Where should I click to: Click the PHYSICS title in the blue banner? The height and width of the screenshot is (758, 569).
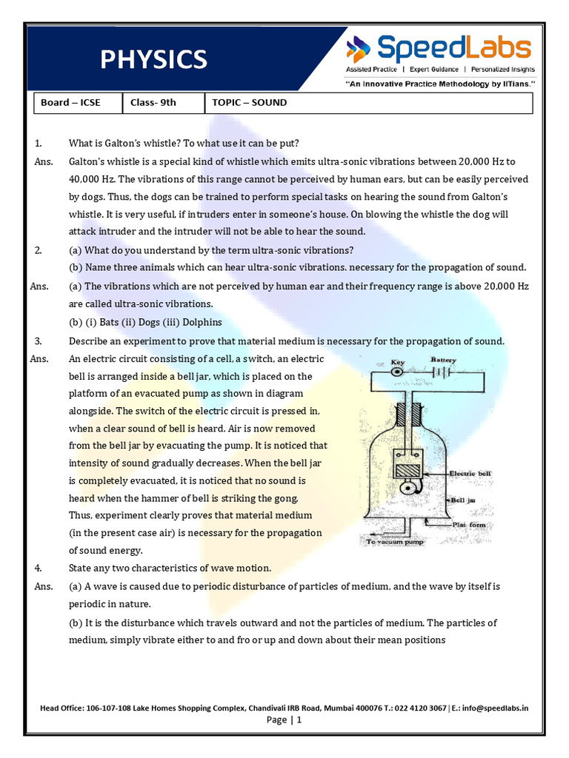pos(154,59)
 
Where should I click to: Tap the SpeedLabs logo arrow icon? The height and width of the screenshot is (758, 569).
pos(359,50)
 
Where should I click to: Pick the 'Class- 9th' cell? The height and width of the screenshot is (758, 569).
pos(153,103)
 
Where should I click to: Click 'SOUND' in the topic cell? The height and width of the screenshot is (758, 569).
pos(269,103)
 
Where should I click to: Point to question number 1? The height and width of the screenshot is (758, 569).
pos(39,143)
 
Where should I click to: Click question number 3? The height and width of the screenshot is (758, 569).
pos(39,341)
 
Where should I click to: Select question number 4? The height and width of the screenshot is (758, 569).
pos(39,568)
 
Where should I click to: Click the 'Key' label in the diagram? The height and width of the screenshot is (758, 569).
pos(397,363)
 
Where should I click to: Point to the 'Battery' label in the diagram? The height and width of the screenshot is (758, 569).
pos(444,360)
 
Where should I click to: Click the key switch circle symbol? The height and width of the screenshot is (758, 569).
pos(398,373)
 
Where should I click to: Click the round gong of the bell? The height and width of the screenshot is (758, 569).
pos(405,490)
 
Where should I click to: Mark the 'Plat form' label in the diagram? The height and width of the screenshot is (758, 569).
pos(470,524)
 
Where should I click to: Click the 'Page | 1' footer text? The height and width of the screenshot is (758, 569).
pos(284,720)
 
